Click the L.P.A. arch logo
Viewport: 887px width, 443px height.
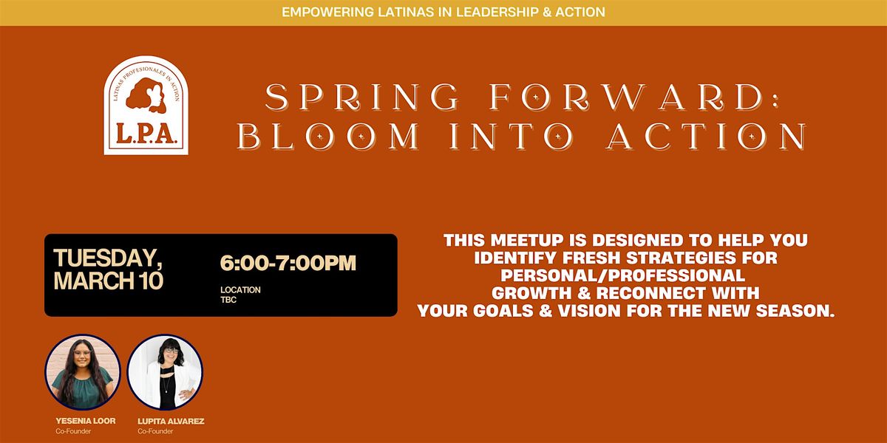tap(146, 106)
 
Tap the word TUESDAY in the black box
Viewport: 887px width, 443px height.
tap(106, 258)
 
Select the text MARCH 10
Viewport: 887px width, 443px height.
tap(108, 281)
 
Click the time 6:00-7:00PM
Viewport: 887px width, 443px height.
tap(288, 263)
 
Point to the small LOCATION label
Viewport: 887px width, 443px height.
tap(240, 290)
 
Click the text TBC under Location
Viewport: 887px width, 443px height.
tap(228, 301)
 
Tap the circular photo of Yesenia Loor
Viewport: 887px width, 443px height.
tap(82, 372)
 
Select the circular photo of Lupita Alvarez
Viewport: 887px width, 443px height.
tap(166, 372)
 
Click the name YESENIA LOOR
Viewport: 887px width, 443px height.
tap(85, 421)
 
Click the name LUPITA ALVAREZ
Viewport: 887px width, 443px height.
tap(170, 421)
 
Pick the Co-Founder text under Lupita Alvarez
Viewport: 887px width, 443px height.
tap(157, 431)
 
